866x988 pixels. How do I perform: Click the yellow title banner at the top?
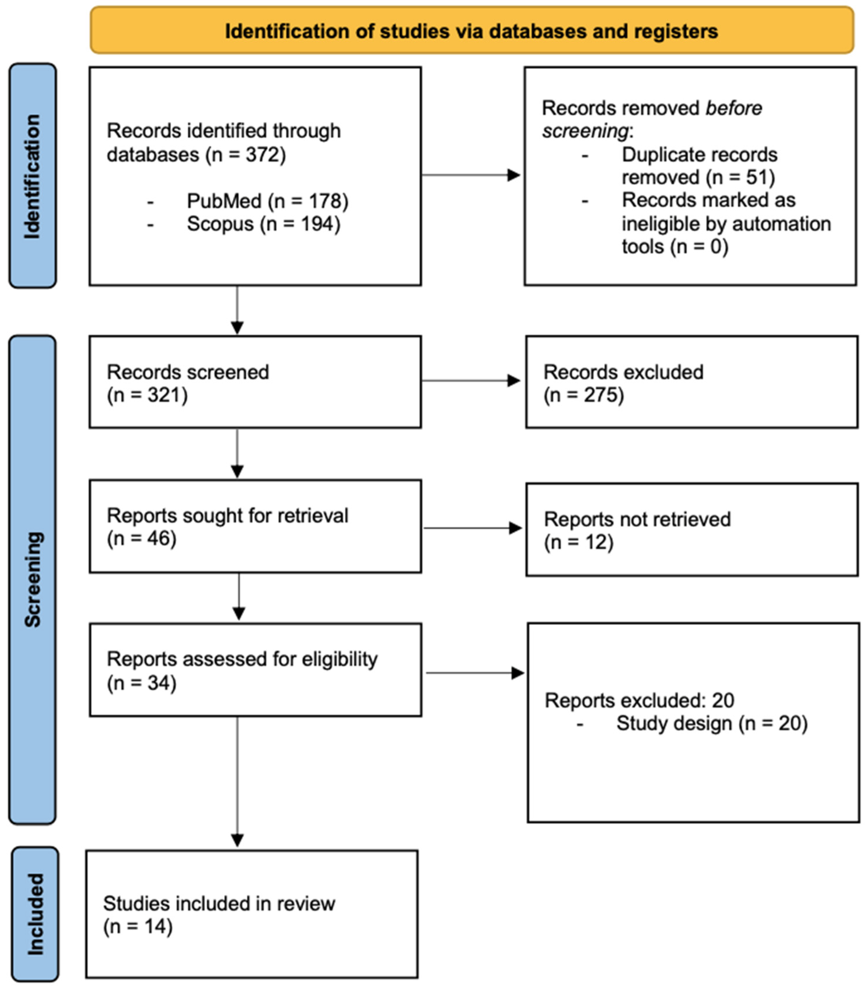(x=472, y=30)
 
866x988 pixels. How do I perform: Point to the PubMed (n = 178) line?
(x=267, y=200)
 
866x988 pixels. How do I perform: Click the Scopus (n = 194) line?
(x=263, y=224)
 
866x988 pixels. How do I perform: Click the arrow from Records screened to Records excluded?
(x=471, y=380)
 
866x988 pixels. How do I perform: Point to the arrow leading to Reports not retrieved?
(x=473, y=528)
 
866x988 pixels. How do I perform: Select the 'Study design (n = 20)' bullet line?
(x=711, y=723)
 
